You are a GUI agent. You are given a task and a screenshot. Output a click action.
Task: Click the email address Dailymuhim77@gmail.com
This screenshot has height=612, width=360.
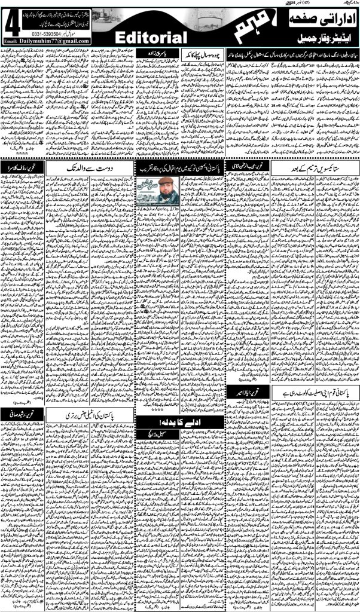coord(55,41)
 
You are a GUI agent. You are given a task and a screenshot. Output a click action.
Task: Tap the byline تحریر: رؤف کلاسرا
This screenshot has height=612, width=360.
coord(23,167)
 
